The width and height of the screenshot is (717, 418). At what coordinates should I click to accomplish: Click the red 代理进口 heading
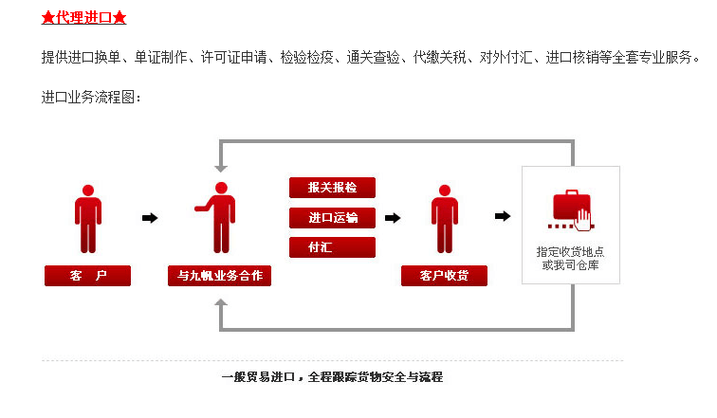click(83, 18)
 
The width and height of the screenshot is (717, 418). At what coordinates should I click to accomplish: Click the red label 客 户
click(87, 276)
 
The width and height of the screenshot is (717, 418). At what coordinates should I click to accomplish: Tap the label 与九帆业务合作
click(219, 276)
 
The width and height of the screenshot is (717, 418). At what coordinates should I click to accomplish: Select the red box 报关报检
click(332, 188)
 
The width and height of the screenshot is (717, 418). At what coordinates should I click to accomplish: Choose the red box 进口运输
click(332, 218)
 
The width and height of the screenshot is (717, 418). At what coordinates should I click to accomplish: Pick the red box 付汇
click(332, 247)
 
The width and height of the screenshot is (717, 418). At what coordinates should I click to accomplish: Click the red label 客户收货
click(444, 276)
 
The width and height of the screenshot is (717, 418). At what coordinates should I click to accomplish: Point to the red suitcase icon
click(571, 210)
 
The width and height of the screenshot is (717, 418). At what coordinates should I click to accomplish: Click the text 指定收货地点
click(571, 252)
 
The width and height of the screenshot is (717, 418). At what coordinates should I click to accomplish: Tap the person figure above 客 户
click(87, 218)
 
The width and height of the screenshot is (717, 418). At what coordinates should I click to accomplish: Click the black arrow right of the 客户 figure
click(150, 218)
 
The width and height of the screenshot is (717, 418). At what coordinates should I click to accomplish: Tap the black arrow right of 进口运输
click(393, 218)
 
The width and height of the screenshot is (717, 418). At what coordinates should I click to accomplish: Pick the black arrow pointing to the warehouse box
click(503, 217)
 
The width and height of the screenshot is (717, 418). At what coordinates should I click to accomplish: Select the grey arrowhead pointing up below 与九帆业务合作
click(221, 305)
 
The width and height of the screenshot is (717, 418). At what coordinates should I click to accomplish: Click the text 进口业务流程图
click(90, 97)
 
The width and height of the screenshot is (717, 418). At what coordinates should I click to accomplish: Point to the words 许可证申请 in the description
click(232, 58)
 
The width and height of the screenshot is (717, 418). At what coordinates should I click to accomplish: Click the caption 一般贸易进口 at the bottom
click(260, 377)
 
